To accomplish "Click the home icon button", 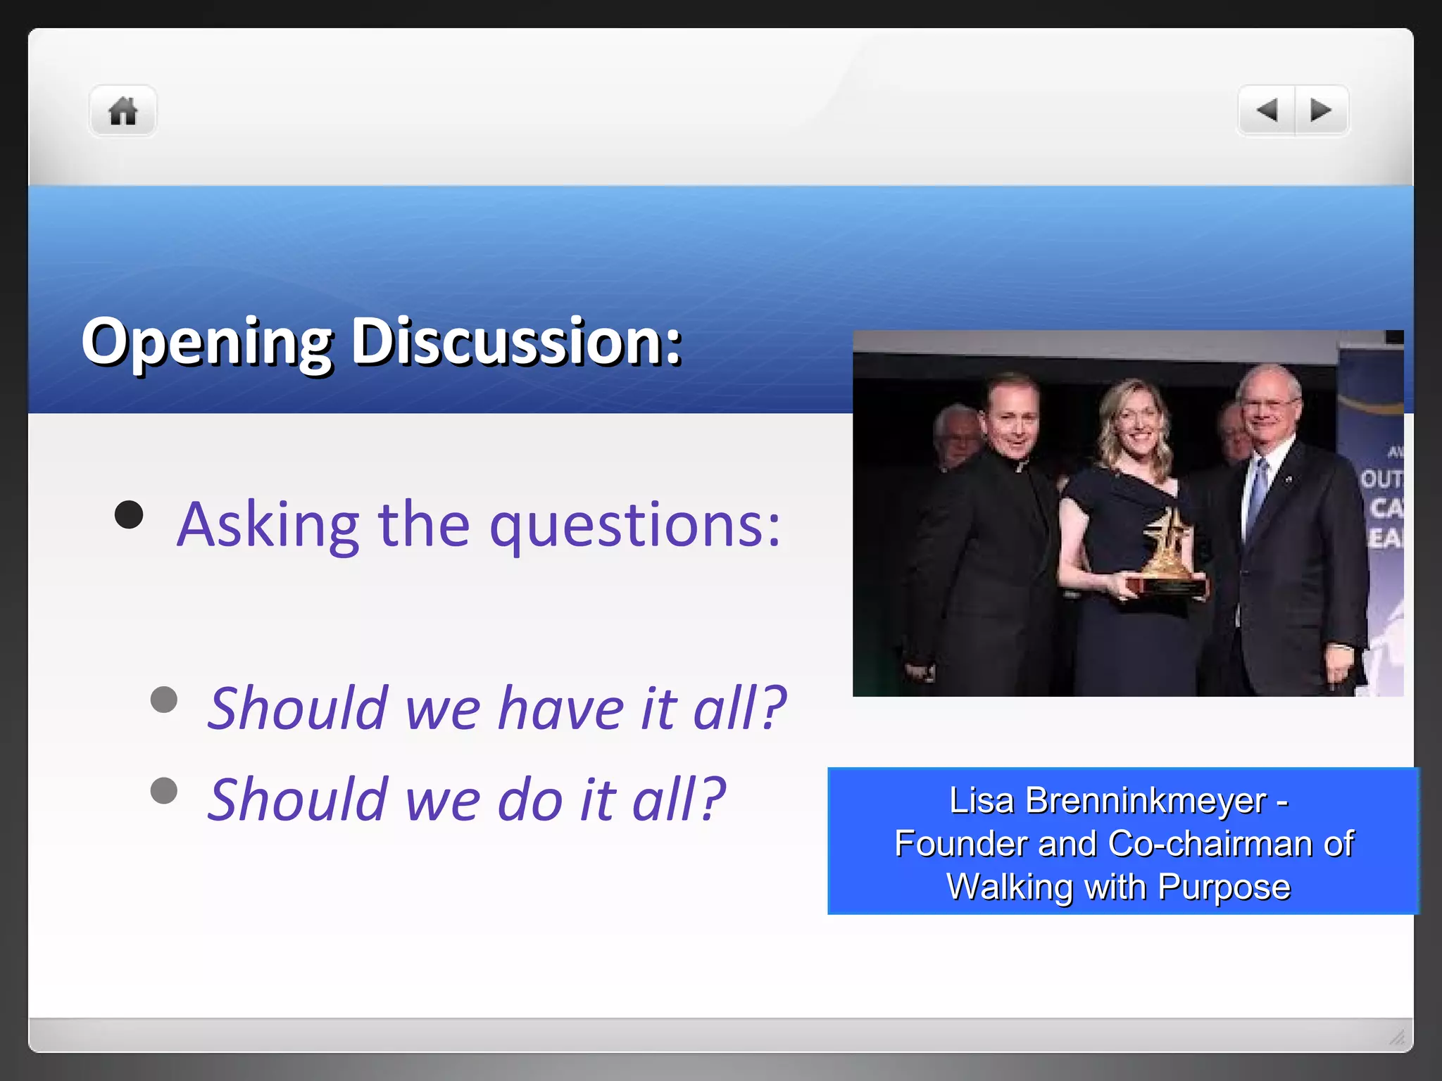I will pos(123,111).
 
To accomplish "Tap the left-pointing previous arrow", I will pos(1267,110).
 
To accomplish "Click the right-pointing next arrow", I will pos(1321,110).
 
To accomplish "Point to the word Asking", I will pos(268,525).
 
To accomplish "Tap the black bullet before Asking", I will pos(129,514).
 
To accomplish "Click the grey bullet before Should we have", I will pos(164,700).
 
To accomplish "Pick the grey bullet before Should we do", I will pos(164,790).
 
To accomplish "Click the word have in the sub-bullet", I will pos(560,708).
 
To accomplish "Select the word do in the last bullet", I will pos(529,799).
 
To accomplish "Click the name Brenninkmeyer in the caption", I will pos(1146,801).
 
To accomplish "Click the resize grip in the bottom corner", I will pos(1397,1037).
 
